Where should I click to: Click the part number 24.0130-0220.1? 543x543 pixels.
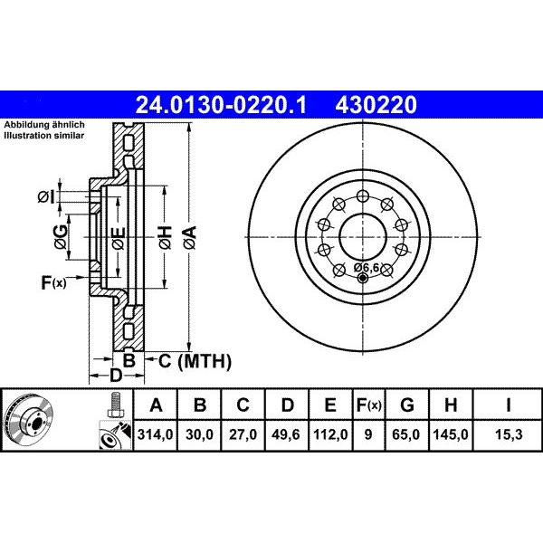(221, 106)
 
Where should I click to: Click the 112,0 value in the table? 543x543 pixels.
(330, 435)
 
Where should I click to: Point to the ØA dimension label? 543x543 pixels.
(190, 239)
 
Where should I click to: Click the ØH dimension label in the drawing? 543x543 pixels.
(165, 239)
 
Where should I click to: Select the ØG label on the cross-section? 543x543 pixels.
(61, 238)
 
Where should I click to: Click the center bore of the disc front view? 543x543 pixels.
(362, 239)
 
